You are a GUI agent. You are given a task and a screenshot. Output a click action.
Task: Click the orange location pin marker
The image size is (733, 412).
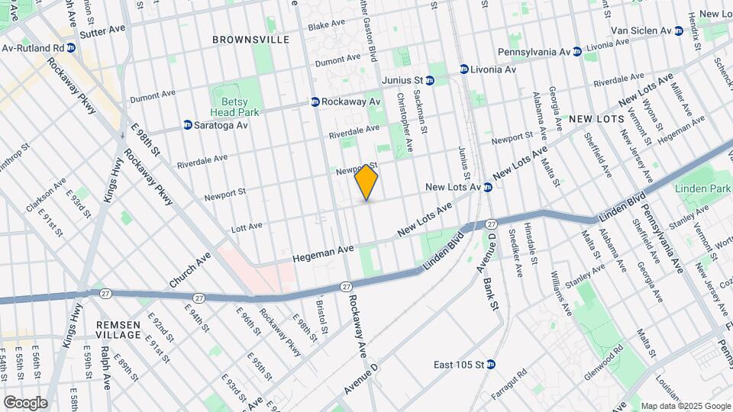click(x=366, y=183)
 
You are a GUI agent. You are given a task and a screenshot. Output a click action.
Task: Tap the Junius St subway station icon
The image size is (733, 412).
click(x=432, y=79)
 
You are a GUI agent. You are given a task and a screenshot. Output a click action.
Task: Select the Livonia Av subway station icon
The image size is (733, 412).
click(x=463, y=69)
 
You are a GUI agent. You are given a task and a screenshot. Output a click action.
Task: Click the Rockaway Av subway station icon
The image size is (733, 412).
click(x=315, y=101)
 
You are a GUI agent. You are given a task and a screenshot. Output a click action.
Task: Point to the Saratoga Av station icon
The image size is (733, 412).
click(x=187, y=124)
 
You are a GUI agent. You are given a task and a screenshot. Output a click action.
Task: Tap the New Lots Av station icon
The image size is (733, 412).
click(x=486, y=187)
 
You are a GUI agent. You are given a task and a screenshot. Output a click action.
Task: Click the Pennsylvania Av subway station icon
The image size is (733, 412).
click(x=577, y=51)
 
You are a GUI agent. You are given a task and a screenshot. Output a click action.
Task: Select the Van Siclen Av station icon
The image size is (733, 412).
click(x=678, y=31)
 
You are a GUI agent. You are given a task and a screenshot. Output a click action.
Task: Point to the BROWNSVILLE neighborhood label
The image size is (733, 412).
click(x=250, y=39)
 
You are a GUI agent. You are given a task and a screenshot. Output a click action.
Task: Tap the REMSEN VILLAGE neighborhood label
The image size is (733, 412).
click(x=118, y=330)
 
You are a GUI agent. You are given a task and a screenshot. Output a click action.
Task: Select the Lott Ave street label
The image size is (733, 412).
click(x=244, y=226)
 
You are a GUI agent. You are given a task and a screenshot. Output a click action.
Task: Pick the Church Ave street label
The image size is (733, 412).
click(x=190, y=270)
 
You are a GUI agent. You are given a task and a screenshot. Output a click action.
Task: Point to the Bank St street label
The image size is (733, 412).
click(x=493, y=294)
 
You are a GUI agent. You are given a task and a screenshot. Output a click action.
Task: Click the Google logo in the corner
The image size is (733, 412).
click(x=25, y=403)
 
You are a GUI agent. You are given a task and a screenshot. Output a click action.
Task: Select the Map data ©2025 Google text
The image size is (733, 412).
click(x=684, y=406)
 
